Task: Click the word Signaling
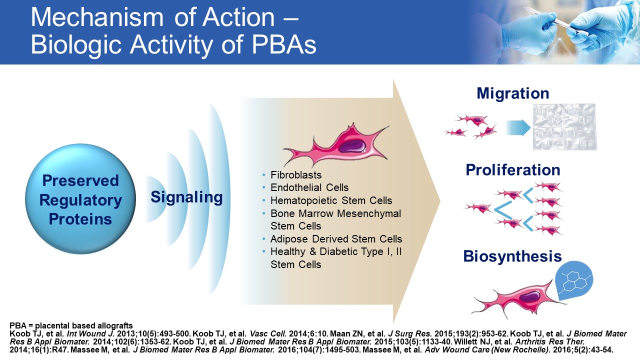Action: tap(186, 197)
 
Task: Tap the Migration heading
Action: tap(513, 93)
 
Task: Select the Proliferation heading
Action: tap(513, 170)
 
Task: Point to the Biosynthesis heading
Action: tap(512, 256)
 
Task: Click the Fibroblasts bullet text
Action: tap(296, 175)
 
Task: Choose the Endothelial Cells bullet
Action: tap(309, 187)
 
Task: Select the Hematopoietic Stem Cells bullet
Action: tap(331, 200)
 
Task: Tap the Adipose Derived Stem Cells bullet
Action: tap(336, 239)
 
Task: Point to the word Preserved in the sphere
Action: tap(80, 180)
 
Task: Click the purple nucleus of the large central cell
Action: tap(352, 146)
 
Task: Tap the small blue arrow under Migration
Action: tap(518, 127)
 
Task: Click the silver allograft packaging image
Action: tap(564, 127)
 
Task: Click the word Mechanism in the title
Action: tap(97, 17)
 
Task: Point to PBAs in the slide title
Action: tap(284, 45)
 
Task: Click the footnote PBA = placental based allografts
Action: tap(71, 325)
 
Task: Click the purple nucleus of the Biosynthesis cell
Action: tap(528, 296)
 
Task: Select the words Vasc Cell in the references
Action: tap(268, 333)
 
